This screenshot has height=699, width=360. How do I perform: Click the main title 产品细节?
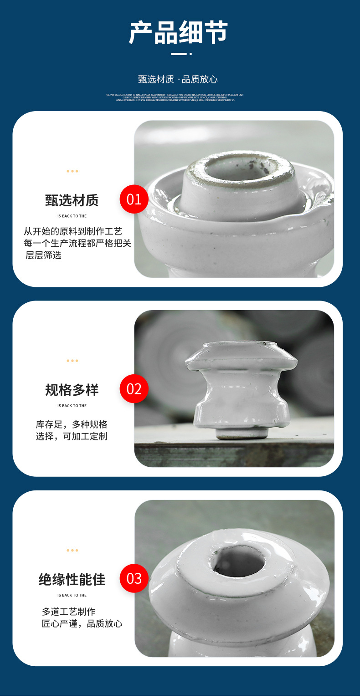tap(179, 32)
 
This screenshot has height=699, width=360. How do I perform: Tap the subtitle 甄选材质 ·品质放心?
tap(178, 79)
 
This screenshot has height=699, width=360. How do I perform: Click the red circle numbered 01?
tap(134, 199)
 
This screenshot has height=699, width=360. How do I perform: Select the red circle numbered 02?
tap(134, 389)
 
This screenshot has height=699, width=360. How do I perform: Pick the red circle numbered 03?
tap(134, 578)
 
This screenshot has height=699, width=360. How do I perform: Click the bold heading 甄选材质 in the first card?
tap(72, 200)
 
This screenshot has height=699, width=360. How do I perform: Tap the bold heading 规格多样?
tap(72, 390)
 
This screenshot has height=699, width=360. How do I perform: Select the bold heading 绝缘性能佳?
tap(72, 579)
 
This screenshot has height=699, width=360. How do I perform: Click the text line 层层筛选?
tap(43, 255)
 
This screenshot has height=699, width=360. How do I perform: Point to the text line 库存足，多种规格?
tap(72, 424)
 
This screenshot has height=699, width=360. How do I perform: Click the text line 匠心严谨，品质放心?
tap(82, 623)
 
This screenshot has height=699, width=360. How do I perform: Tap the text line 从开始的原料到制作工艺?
tap(73, 231)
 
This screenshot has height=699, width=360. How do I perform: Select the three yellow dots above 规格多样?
tap(72, 361)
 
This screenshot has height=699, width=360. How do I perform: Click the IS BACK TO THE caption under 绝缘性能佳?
tap(72, 595)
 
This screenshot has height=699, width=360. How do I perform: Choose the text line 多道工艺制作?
tap(69, 612)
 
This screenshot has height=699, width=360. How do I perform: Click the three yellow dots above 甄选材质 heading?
tap(72, 171)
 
